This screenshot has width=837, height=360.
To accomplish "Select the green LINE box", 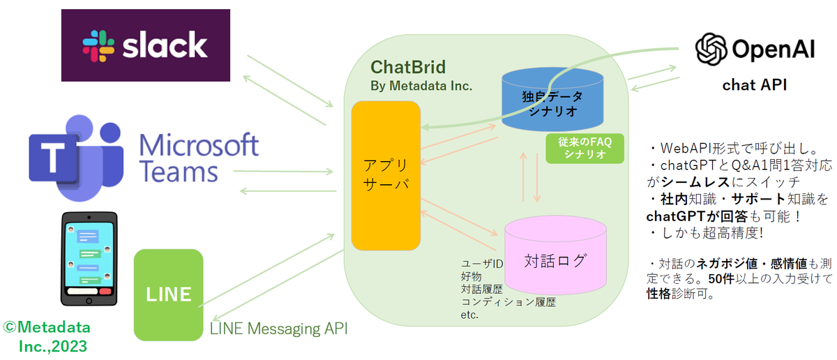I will coord(168,294).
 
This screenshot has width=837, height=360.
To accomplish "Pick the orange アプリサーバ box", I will coord(386,175).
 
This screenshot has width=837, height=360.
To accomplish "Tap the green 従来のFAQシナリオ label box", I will coord(583,149).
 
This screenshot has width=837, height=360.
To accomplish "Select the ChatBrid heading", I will coord(408,68).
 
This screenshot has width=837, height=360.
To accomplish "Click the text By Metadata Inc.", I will coord(421,86).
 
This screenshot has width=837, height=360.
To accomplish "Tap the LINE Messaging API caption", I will coord(279,329).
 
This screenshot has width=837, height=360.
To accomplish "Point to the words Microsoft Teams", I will coord(199,158).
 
